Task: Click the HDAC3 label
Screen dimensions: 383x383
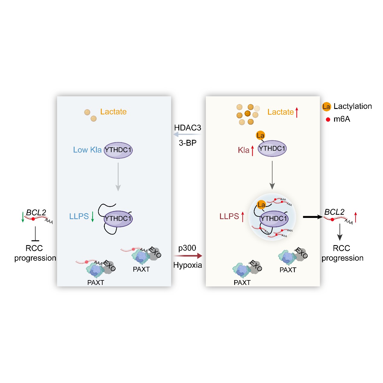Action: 187,128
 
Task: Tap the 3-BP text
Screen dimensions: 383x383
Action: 187,143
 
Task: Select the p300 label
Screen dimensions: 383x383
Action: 187,248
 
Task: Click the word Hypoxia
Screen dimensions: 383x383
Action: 187,265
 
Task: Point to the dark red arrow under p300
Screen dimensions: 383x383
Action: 188,256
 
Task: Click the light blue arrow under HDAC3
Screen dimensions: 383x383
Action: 187,135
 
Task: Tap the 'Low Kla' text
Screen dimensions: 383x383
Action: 87,150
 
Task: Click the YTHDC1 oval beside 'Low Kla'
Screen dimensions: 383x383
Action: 118,150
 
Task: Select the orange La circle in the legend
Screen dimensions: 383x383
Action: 326,107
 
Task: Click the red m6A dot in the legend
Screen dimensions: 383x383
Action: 328,120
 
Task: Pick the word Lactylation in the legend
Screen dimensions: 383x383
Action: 353,106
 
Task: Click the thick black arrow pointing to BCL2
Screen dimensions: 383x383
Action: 313,217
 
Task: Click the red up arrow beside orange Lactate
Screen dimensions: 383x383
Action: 297,112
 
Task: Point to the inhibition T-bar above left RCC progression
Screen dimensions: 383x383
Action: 35,234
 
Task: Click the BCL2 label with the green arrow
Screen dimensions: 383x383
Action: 36,212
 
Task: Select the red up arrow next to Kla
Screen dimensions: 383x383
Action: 252,151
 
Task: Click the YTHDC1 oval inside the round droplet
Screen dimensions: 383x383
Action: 274,219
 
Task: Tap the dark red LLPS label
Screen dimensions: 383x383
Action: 229,216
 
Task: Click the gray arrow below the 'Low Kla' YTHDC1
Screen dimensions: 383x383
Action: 118,177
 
